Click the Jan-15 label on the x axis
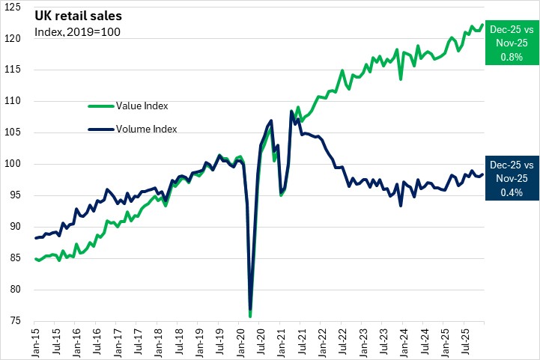[x=35, y=341]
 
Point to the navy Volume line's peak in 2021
[x=291, y=112]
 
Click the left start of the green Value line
[x=35, y=259]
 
